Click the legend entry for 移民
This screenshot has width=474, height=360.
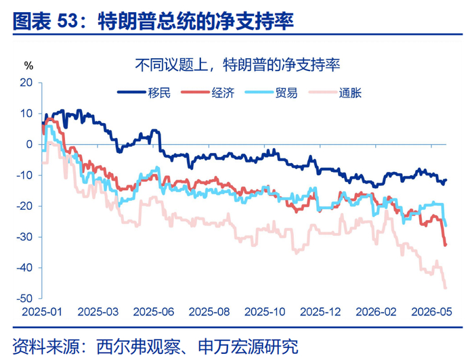coord(144,93)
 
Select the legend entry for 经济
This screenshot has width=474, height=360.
coord(208,93)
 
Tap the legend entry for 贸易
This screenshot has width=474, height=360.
coord(271,93)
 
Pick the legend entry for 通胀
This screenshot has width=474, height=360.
coord(335,93)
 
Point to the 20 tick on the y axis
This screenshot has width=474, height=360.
coord(26,83)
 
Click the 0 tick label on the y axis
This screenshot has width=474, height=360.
coord(29,144)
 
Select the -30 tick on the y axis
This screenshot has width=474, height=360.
coord(24,237)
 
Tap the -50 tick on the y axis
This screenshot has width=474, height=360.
coord(24,298)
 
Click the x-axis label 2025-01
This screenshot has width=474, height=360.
coord(42,312)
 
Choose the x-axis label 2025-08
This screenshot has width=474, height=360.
coord(209,312)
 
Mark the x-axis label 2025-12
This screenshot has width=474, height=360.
coord(320,312)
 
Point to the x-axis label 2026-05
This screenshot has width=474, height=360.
coord(432,312)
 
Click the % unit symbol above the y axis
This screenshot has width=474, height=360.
coord(28,66)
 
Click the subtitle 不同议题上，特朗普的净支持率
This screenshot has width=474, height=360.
coord(238,65)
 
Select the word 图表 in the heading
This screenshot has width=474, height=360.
coord(32,21)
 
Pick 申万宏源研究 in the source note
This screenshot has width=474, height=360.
coord(248,346)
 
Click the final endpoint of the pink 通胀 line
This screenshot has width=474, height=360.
coord(446,288)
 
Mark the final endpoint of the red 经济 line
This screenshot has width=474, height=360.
coord(446,245)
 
